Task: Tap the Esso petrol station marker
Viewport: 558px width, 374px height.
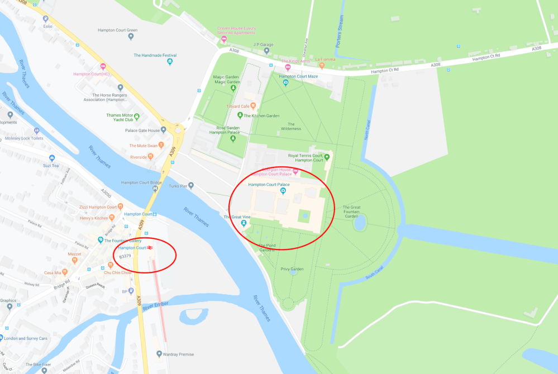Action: [x=47, y=18]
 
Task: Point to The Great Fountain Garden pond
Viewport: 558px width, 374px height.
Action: [x=360, y=223]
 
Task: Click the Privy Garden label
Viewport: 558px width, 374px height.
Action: [x=292, y=269]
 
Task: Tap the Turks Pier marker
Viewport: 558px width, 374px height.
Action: [x=191, y=185]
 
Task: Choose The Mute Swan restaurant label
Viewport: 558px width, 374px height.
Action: [x=142, y=146]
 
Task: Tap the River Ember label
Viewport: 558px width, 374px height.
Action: [x=155, y=308]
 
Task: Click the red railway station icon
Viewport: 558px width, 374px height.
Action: [x=150, y=247]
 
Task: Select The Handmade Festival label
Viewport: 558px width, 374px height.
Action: [x=155, y=55]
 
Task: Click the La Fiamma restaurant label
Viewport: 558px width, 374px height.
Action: [x=324, y=59]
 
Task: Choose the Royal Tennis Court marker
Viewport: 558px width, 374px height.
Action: [x=327, y=157]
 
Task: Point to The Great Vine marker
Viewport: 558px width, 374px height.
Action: [x=244, y=224]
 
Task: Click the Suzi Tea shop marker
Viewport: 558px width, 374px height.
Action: [x=51, y=158]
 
